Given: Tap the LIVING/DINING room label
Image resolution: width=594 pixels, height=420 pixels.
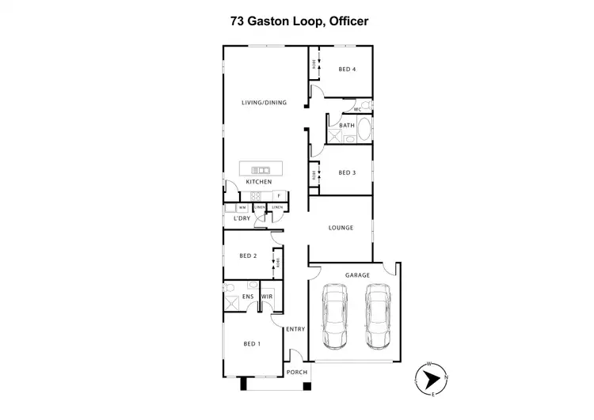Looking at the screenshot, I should tap(264, 103).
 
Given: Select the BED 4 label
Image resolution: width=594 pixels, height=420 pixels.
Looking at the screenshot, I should tap(347, 70).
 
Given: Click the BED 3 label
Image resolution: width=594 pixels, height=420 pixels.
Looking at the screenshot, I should tap(347, 172).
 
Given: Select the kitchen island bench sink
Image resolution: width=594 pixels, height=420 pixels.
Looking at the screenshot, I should tap(260, 170).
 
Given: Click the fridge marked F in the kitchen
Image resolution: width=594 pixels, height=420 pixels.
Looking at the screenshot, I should tap(279, 195).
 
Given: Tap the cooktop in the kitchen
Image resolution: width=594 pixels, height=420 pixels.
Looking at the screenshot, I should tap(255, 195).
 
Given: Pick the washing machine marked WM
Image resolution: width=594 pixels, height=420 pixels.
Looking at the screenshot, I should tap(241, 207).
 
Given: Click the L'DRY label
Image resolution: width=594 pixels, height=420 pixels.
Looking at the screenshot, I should tap(253, 218).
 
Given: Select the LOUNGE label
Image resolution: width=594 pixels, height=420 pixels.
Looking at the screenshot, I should tap(341, 229).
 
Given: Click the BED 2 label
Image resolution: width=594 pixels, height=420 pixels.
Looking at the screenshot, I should tap(248, 255).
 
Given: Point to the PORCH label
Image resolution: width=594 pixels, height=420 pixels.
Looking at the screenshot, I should tap(296, 373).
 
